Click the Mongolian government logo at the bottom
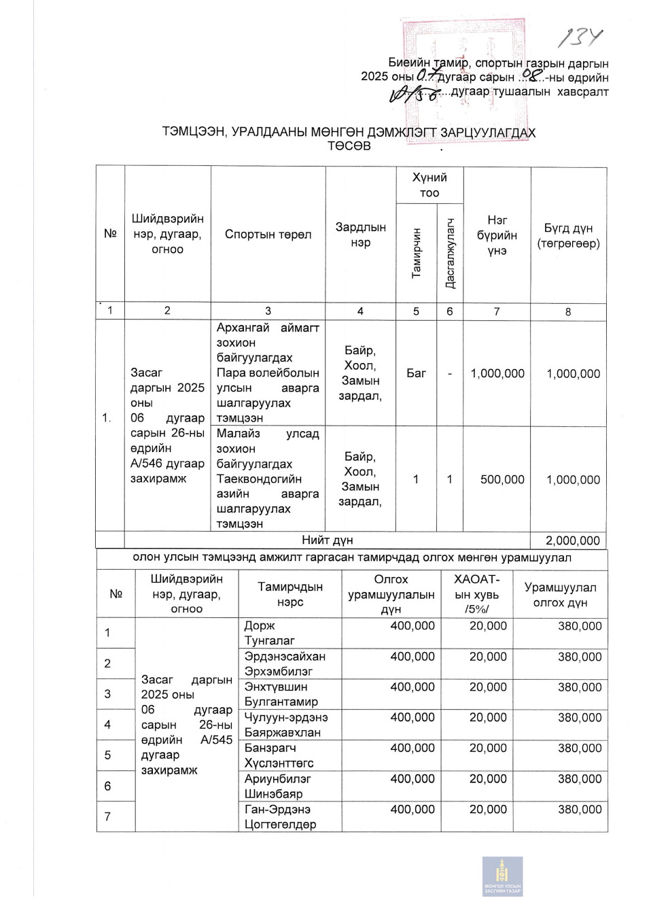click(502, 876)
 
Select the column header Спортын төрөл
click(268, 235)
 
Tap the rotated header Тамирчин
click(417, 252)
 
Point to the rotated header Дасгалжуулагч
click(450, 253)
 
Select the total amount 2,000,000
click(572, 540)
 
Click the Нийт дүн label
click(327, 540)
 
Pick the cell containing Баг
click(416, 373)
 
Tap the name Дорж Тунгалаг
click(269, 633)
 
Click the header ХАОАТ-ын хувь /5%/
click(476, 593)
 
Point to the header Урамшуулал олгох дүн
click(560, 595)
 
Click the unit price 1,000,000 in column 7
click(497, 373)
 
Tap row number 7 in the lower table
click(107, 816)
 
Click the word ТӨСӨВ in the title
click(349, 145)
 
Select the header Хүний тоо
click(429, 185)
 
